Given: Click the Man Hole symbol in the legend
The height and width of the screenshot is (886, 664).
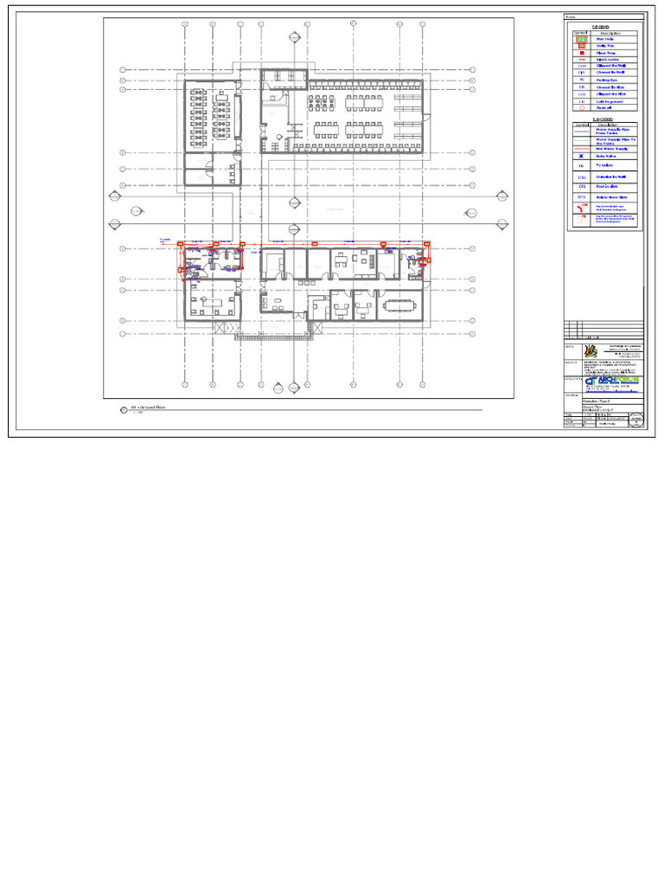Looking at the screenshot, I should pos(582,40).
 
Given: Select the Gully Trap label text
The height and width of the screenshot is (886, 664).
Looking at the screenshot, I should pos(605,46).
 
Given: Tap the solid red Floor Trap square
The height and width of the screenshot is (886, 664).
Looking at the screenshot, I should pos(582,53).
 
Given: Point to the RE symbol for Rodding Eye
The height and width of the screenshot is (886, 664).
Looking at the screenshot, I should pos(582,80).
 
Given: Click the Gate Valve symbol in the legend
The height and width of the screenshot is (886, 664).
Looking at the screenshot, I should pos(582,156).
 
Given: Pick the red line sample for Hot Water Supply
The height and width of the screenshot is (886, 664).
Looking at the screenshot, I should pos(582,148).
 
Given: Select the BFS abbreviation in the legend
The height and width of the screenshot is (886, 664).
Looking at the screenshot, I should pos(582,197).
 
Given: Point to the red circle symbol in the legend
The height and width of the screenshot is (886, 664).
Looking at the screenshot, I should pos(582,107).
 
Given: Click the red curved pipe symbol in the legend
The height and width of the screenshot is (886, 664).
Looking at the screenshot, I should pos(583,208).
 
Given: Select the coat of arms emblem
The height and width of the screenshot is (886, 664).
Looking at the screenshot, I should pos(592,351).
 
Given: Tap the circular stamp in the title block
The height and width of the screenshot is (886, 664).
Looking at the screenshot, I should pos(635,419).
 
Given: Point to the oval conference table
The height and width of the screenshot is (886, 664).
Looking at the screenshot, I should pos(400,305).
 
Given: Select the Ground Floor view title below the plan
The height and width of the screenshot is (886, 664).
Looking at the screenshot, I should pos(147,408).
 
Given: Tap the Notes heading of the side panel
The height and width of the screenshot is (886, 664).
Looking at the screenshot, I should pos(571,17).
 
